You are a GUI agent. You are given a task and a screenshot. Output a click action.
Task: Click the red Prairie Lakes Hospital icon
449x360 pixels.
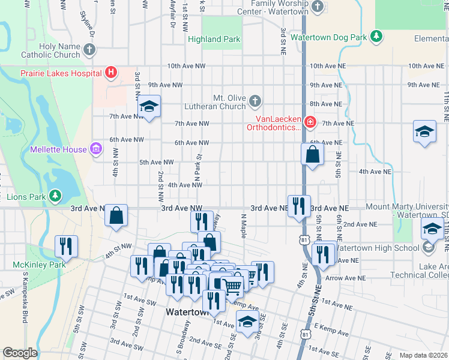110,73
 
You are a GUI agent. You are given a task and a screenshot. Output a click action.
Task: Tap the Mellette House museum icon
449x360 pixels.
95,148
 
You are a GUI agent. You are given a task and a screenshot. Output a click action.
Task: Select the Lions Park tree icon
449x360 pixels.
55,196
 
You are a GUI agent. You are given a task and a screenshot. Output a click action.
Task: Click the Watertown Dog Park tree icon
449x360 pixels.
376,37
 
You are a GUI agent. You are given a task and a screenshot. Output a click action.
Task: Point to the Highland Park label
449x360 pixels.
214,40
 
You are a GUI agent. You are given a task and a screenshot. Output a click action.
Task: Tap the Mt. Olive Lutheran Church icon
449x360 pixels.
255,100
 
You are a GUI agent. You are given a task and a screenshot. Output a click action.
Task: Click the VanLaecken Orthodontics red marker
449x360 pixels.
310,123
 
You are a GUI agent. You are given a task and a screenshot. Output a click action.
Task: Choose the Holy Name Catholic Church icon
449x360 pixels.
89,49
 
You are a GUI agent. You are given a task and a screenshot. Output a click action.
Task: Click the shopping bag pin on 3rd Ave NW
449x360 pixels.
116,214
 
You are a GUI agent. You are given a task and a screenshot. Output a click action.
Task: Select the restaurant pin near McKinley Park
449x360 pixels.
66,245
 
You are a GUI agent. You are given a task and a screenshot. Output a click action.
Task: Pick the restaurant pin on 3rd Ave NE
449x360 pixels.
299,206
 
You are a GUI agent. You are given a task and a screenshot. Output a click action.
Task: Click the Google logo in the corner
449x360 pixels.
20,353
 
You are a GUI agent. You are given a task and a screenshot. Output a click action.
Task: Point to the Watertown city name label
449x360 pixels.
186,313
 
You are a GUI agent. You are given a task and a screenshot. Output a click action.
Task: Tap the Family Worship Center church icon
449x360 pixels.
318,7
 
